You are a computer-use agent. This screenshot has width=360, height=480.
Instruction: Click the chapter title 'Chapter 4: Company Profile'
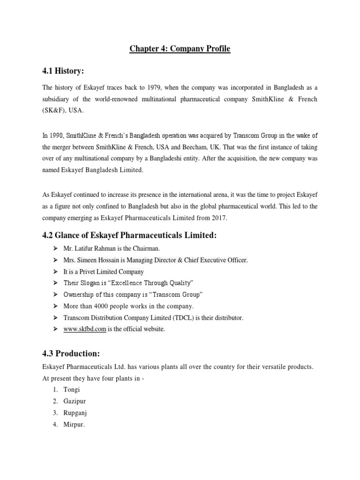[x=180, y=48]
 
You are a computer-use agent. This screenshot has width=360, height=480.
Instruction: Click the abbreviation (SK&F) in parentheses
[x=55, y=111]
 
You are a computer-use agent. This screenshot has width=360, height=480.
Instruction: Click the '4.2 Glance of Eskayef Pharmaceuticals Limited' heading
[x=130, y=235]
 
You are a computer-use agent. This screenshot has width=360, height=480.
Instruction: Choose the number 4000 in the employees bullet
[x=102, y=306]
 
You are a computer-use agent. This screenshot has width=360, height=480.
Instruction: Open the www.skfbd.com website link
[x=85, y=329]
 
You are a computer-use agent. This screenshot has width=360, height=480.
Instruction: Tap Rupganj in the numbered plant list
[x=75, y=413]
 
